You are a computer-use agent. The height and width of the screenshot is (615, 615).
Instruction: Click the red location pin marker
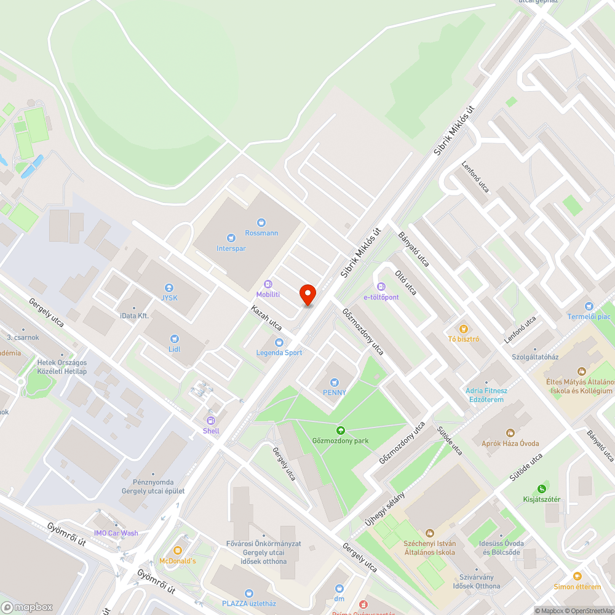click(x=307, y=295)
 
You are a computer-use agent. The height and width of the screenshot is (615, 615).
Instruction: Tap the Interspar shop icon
click(x=231, y=237)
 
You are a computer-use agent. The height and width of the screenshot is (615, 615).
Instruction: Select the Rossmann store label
click(x=261, y=233)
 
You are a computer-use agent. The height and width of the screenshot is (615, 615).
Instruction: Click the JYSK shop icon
click(x=169, y=287)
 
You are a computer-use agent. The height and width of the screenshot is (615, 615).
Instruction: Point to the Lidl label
click(x=174, y=349)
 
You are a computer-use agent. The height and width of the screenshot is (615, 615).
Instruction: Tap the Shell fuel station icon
click(x=211, y=421)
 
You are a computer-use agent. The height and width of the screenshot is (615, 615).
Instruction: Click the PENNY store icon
click(x=335, y=383)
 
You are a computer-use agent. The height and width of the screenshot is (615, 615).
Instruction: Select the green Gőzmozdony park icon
click(x=340, y=430)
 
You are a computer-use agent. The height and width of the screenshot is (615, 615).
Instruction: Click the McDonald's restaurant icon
click(x=178, y=550)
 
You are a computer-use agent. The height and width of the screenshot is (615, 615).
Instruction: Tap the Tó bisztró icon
click(x=464, y=328)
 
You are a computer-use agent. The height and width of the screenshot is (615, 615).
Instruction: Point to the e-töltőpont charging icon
click(x=381, y=287)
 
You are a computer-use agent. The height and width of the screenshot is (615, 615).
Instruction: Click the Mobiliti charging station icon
click(x=268, y=284)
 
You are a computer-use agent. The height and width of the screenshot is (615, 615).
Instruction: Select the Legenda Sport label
click(x=279, y=352)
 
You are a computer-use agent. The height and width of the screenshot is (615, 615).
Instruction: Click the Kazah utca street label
click(x=266, y=317)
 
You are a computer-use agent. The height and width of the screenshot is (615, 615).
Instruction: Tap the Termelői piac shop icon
click(x=589, y=306)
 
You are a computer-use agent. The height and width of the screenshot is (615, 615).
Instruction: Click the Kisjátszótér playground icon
click(x=541, y=489)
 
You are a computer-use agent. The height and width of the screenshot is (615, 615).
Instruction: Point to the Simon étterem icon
click(x=577, y=576)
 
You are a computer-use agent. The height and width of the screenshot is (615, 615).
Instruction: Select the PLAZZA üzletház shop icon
click(x=248, y=593)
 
